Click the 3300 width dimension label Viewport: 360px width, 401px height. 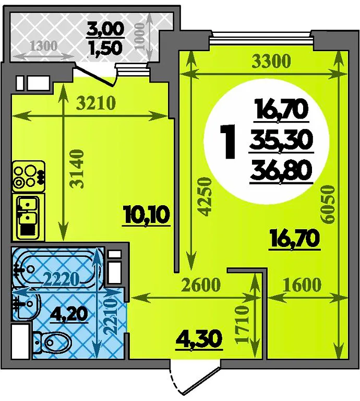(271, 61)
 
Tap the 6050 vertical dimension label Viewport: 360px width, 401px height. (328, 204)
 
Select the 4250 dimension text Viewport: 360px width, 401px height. (206, 196)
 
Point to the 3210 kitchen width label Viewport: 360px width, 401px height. (96, 103)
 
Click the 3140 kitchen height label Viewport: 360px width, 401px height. (77, 169)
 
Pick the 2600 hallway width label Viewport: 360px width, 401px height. (201, 285)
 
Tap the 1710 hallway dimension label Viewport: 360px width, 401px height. (242, 325)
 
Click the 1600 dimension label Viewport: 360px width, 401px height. (302, 285)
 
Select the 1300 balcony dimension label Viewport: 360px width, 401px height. (44, 46)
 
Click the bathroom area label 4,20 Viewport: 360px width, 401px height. (69, 315)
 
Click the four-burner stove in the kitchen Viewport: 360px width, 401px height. (28, 176)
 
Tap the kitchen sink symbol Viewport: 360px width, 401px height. (28, 217)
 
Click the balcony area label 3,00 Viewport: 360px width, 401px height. (105, 29)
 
